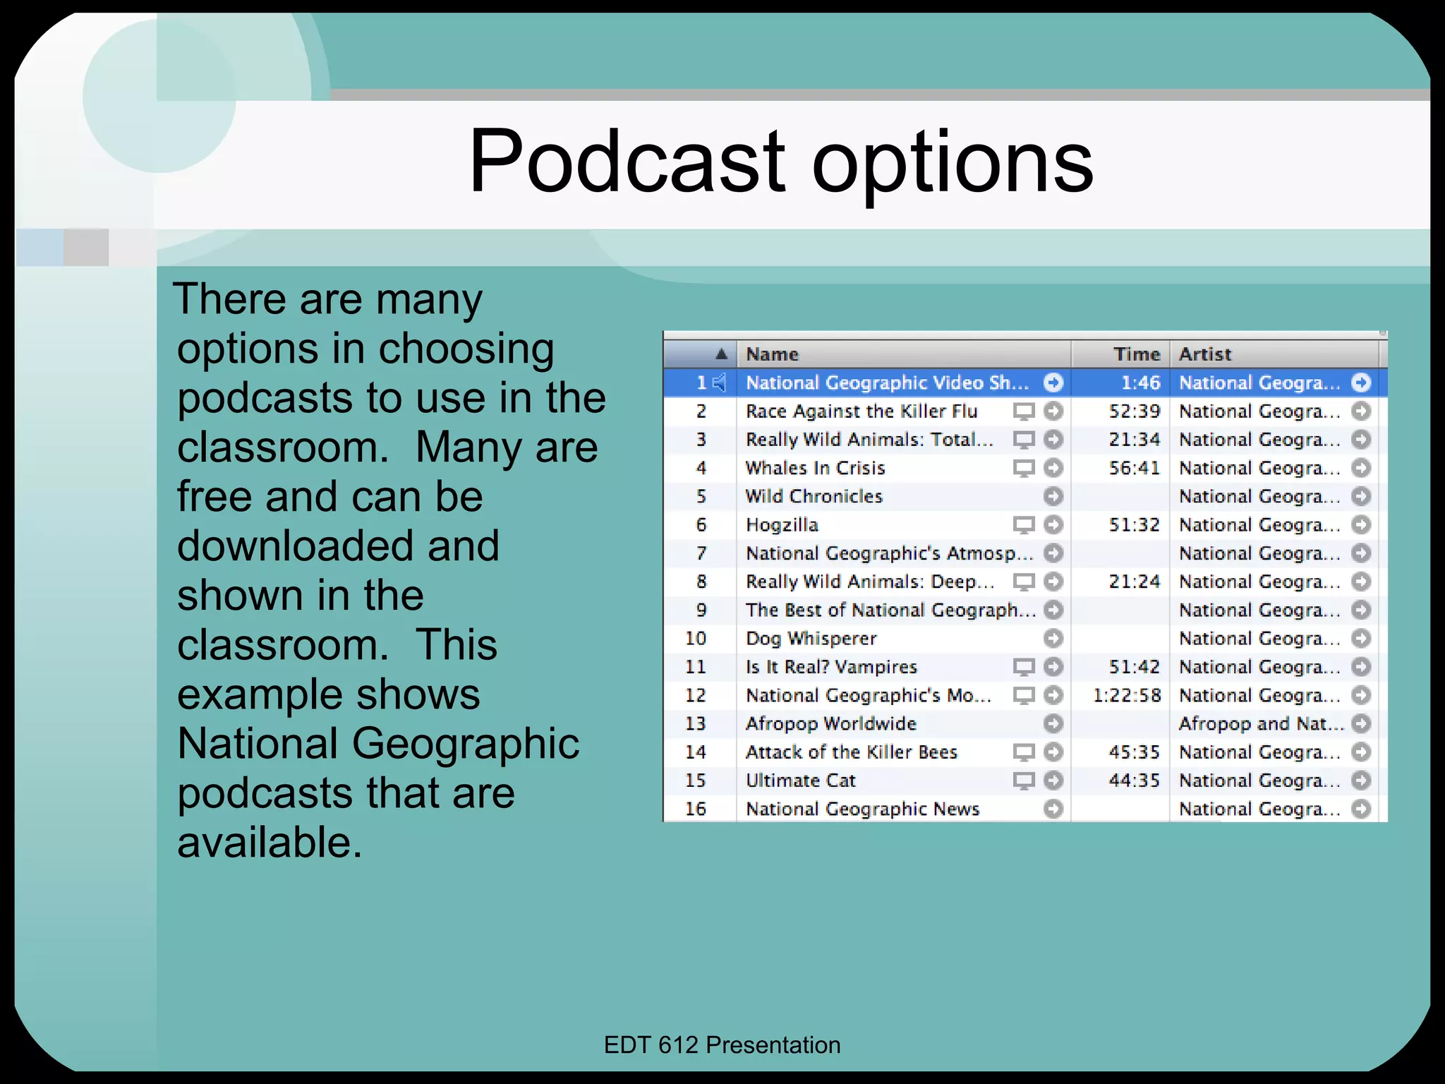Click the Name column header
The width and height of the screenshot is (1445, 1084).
(x=772, y=354)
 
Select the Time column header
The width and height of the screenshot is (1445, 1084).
(x=1136, y=354)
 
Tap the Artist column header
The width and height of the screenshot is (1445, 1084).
(x=1205, y=354)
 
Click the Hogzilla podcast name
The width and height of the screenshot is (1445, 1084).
(x=782, y=525)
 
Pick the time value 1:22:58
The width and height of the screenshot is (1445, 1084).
(x=1127, y=696)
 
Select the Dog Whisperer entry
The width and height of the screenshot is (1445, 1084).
(x=811, y=639)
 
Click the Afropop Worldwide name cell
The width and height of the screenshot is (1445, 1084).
(x=831, y=724)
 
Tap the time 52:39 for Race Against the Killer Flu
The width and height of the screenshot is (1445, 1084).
(x=1134, y=411)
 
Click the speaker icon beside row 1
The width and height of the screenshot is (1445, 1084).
(x=719, y=383)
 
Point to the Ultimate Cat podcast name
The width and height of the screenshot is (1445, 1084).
(x=801, y=781)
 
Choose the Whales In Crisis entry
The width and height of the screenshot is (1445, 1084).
(x=815, y=469)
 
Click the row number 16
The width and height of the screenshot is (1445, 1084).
(x=696, y=809)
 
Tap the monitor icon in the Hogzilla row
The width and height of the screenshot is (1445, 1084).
(x=1023, y=525)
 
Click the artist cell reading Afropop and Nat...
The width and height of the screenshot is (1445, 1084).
(x=1260, y=724)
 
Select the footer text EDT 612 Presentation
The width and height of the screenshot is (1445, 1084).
(x=722, y=1045)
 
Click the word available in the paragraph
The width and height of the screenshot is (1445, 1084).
(x=269, y=843)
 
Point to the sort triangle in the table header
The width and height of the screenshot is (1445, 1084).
(x=720, y=354)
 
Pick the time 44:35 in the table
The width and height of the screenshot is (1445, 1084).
(x=1134, y=781)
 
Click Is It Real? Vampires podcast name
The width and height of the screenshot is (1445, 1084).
(x=831, y=667)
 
